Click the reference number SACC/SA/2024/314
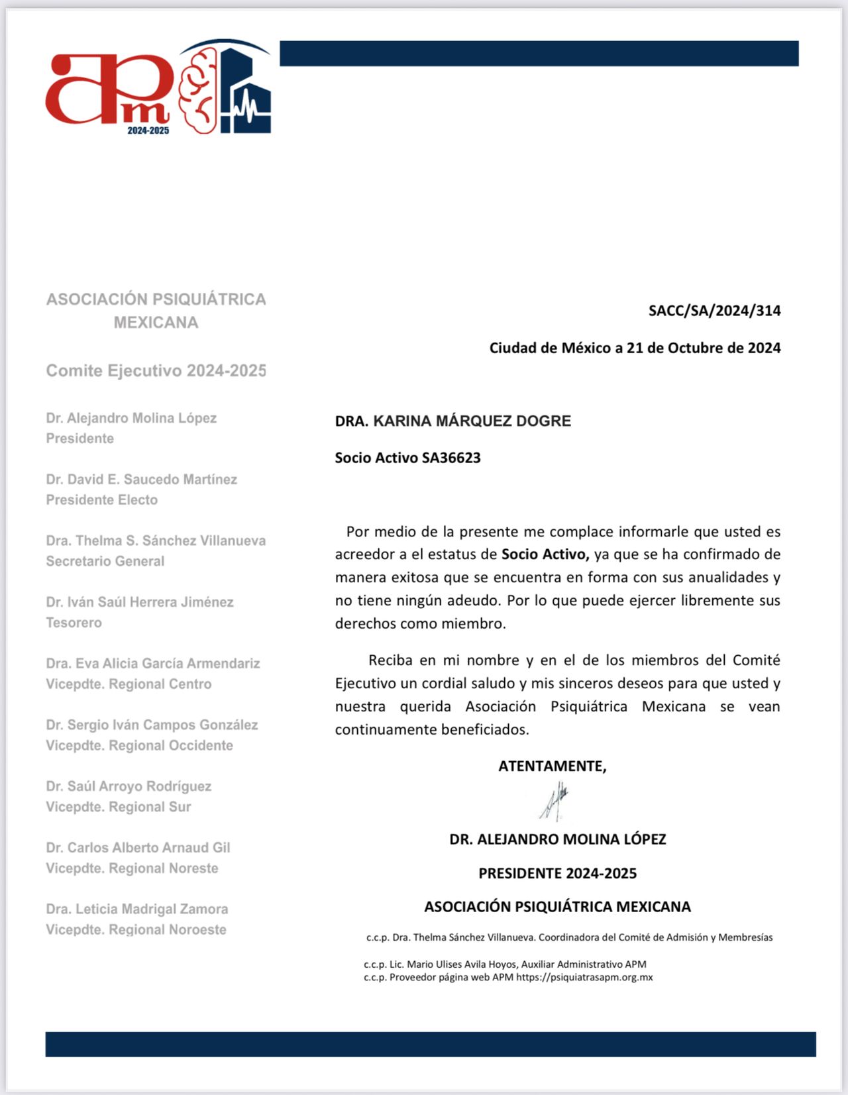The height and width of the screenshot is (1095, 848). click(x=714, y=311)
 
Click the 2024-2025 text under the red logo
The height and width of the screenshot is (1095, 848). click(x=148, y=130)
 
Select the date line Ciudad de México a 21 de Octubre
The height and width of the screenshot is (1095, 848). click(x=635, y=348)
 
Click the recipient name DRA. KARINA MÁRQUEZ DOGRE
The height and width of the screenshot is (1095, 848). click(x=452, y=421)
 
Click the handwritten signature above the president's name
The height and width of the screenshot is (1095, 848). click(x=555, y=802)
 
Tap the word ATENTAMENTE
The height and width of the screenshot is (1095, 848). click(x=552, y=766)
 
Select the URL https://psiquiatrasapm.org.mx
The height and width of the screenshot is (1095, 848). click(x=584, y=977)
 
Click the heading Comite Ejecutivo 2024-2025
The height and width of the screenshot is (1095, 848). click(x=156, y=370)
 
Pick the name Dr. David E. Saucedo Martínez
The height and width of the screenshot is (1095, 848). click(x=141, y=479)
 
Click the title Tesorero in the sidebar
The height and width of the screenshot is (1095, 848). click(x=74, y=623)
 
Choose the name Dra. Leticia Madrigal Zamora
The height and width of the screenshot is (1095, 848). click(x=136, y=909)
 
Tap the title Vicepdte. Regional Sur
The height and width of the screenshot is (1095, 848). click(x=118, y=807)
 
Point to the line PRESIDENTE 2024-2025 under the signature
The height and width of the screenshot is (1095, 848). click(x=557, y=873)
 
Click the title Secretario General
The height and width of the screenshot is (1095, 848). click(x=105, y=561)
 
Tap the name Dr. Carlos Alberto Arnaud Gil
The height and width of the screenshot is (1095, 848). click(x=138, y=847)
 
